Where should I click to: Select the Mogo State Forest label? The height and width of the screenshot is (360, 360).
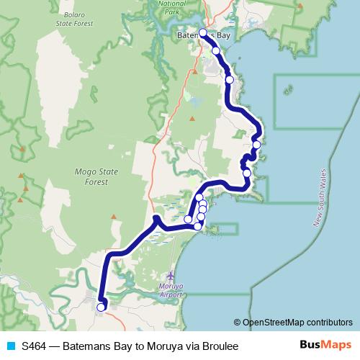click(x=91, y=177)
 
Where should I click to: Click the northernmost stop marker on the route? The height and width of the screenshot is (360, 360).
click(x=203, y=32)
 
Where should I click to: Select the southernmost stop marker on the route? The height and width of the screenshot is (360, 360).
click(x=101, y=307)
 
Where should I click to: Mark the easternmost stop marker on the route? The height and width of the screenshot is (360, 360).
click(x=256, y=145)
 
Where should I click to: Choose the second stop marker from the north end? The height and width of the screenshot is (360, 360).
click(x=215, y=50)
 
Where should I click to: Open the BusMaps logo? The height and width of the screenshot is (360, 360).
click(x=325, y=345)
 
